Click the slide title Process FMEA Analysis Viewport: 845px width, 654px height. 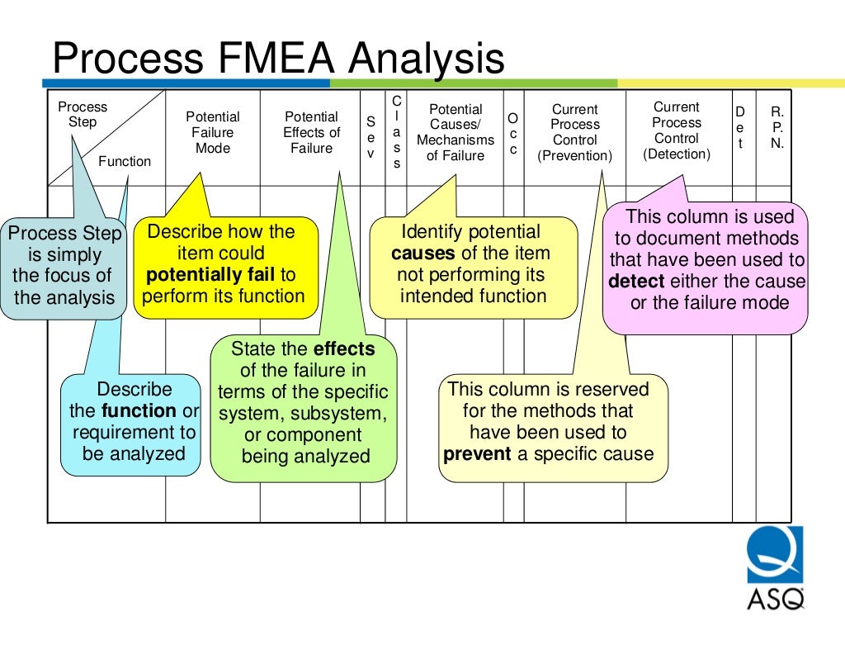[278, 59]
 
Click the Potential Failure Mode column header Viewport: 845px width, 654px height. [213, 133]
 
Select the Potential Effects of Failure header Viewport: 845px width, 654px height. [311, 133]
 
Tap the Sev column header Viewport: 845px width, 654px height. [371, 137]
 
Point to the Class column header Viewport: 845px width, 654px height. [397, 132]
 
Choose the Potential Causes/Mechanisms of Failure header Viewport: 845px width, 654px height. [456, 133]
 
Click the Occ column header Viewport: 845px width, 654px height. [513, 134]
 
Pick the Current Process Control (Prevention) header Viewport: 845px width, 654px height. [575, 133]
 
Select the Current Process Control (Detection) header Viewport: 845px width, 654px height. [677, 130]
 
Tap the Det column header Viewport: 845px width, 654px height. [740, 128]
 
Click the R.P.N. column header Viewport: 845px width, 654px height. [777, 128]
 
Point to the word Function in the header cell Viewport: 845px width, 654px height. [125, 161]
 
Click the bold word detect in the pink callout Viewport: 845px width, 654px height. [636, 282]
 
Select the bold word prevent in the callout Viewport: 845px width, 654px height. [477, 454]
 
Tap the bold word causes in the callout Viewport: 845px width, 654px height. [423, 254]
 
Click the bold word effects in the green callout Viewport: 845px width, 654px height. [344, 348]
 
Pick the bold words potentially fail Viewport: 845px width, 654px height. [210, 275]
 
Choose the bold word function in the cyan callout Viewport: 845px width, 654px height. [139, 411]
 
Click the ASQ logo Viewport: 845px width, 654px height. [775, 568]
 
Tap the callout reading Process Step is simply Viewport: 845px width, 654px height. [64, 265]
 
